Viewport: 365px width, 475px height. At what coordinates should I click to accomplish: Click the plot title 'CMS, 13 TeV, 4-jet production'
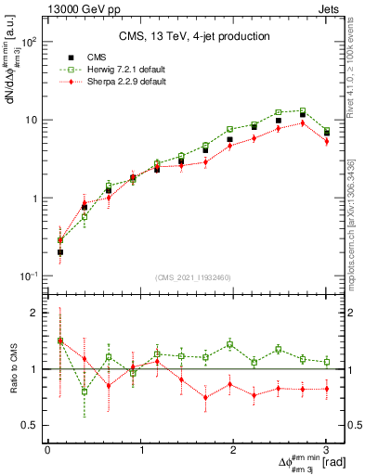(194, 36)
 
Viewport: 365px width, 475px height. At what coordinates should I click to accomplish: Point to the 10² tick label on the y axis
(31, 43)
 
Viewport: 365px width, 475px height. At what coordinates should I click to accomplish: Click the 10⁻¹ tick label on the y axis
(31, 276)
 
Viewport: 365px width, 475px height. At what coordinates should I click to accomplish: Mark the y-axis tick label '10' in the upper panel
(33, 121)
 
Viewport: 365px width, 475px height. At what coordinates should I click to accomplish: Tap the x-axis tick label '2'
(234, 450)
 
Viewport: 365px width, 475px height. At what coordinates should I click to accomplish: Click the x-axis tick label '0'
(47, 450)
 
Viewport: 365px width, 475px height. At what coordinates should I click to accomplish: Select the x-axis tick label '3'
(327, 450)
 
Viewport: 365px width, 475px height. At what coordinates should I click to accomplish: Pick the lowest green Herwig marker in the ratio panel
(85, 392)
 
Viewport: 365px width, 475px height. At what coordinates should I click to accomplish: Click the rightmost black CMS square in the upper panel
(327, 134)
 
